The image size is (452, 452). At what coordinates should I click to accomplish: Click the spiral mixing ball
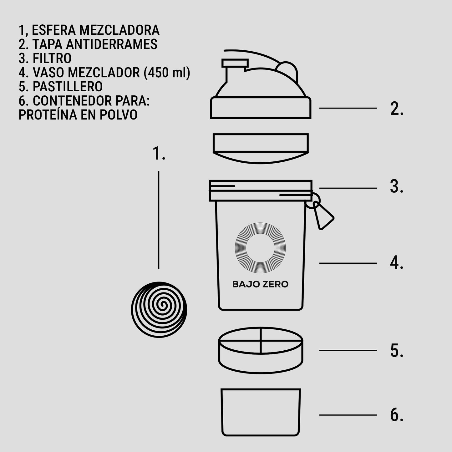(x=159, y=309)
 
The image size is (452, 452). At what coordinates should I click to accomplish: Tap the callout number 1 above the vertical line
(x=159, y=154)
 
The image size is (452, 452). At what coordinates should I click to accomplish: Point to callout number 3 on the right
(x=396, y=187)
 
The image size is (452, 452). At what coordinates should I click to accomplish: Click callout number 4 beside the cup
(x=396, y=263)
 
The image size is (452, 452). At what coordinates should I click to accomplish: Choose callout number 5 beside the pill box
(x=397, y=351)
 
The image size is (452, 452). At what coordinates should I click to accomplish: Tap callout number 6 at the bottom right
(x=397, y=415)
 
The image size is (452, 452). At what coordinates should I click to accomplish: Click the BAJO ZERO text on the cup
(x=260, y=284)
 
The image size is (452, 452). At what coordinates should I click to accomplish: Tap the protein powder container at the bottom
(x=261, y=412)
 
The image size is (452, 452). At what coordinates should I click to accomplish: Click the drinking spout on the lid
(x=235, y=63)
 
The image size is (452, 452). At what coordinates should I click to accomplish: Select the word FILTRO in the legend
(x=52, y=58)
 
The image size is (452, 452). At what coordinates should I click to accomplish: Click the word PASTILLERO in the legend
(x=68, y=87)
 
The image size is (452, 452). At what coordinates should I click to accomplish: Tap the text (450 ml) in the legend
(x=167, y=73)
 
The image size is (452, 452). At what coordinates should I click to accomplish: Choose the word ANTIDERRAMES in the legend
(x=112, y=44)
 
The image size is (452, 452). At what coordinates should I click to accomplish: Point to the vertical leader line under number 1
(x=159, y=219)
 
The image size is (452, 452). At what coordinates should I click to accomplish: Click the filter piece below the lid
(x=261, y=148)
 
